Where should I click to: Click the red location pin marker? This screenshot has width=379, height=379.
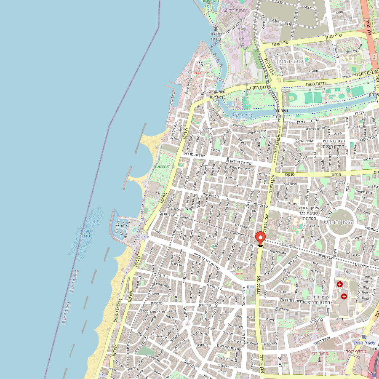click(x=260, y=238)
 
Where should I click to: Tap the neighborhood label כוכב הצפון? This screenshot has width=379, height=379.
click(x=293, y=61)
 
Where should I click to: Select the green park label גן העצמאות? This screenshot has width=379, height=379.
click(x=164, y=166)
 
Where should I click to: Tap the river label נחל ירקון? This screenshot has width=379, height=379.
click(x=242, y=114)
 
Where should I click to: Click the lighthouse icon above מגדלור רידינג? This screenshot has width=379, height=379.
click(x=216, y=29)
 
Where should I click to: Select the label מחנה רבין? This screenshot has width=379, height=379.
click(x=322, y=353)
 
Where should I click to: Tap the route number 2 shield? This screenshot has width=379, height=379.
click(x=374, y=56)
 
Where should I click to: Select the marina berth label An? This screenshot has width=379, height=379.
click(x=128, y=224)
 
